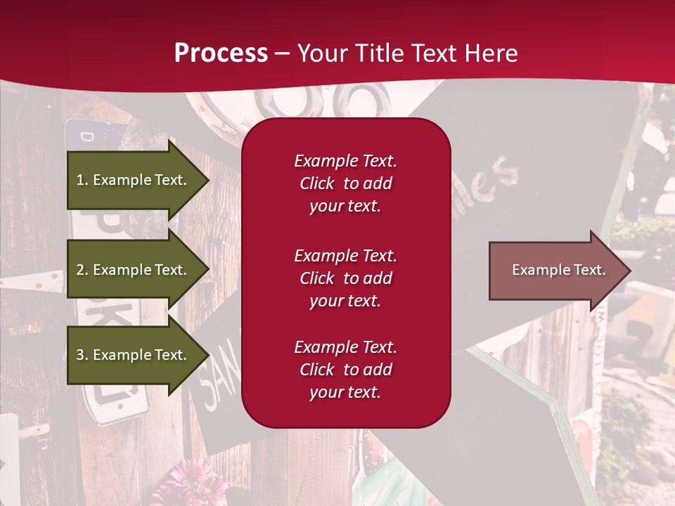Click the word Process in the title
221,53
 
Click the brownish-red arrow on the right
555,271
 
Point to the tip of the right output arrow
629,271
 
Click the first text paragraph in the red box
345,183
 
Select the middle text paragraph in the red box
345,278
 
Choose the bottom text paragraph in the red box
345,370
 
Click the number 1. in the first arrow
82,180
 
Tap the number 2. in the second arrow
82,270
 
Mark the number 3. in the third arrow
82,355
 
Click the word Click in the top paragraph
316,183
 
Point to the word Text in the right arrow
590,270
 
